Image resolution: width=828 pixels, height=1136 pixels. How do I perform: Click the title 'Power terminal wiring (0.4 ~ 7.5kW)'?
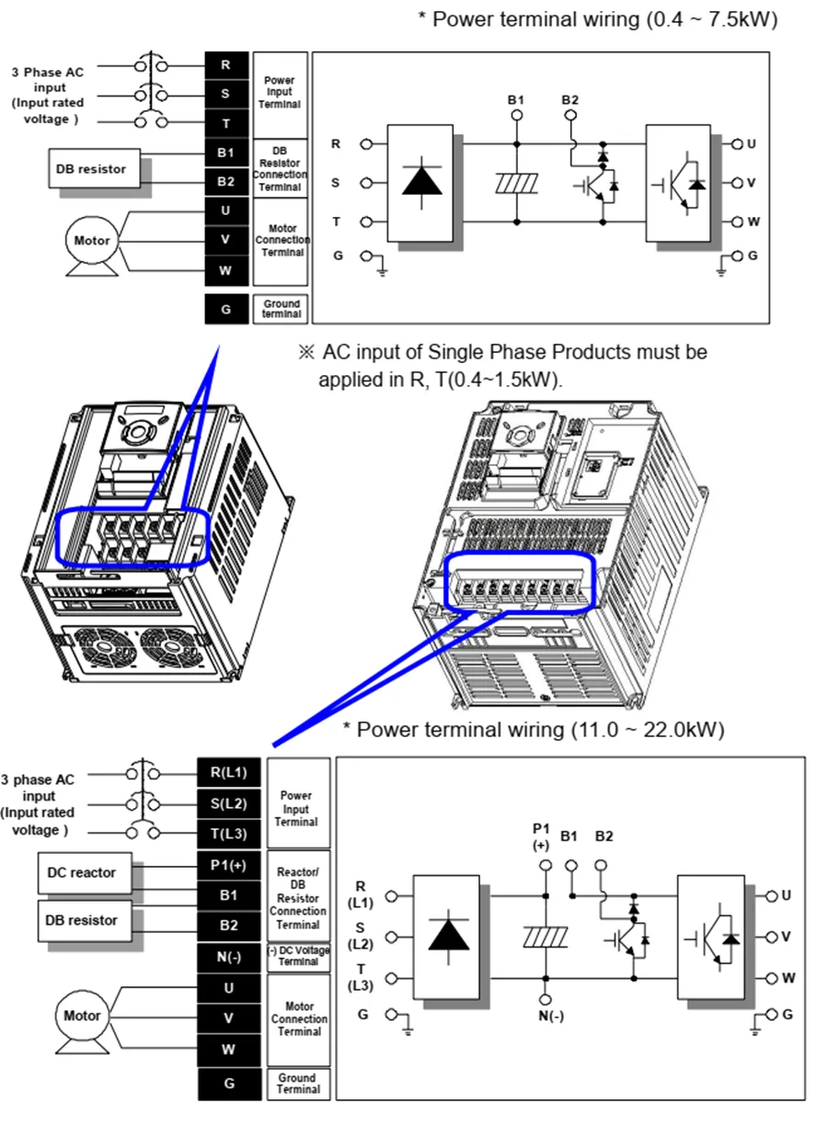597,19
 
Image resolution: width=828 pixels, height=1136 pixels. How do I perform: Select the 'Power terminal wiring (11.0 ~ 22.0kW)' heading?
534,730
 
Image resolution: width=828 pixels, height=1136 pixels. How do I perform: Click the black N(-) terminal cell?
229,958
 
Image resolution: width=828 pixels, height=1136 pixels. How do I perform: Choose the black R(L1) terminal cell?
229,772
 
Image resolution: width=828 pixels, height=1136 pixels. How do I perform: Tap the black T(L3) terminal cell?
229,834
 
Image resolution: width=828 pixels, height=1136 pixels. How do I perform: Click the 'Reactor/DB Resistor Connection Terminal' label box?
298,895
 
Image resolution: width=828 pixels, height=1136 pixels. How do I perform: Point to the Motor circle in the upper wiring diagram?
92,241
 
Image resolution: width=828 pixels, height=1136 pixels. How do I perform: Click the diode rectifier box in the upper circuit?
421,182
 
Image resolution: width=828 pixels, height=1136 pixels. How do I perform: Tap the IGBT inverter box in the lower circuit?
711,937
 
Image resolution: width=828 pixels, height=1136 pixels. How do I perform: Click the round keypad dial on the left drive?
141,431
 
